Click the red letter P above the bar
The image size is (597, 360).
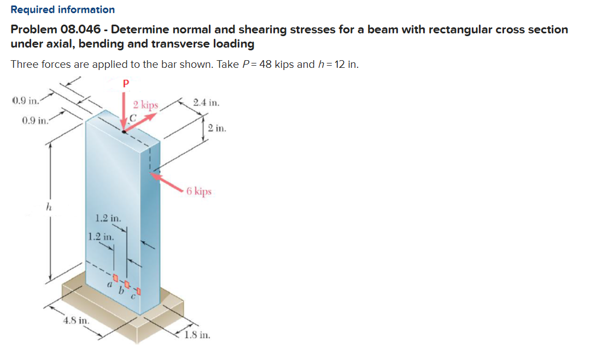pyautogui.click(x=125, y=84)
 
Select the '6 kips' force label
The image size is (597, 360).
pyautogui.click(x=198, y=191)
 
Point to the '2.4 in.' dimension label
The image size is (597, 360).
pyautogui.click(x=206, y=102)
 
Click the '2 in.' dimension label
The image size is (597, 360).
pyautogui.click(x=216, y=129)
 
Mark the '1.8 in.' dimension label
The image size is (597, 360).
pyautogui.click(x=197, y=335)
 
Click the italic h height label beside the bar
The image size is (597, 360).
pyautogui.click(x=49, y=208)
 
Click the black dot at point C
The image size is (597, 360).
pyautogui.click(x=125, y=131)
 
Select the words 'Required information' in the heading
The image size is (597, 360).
pyautogui.click(x=63, y=9)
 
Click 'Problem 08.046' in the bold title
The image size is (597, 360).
pyautogui.click(x=52, y=30)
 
